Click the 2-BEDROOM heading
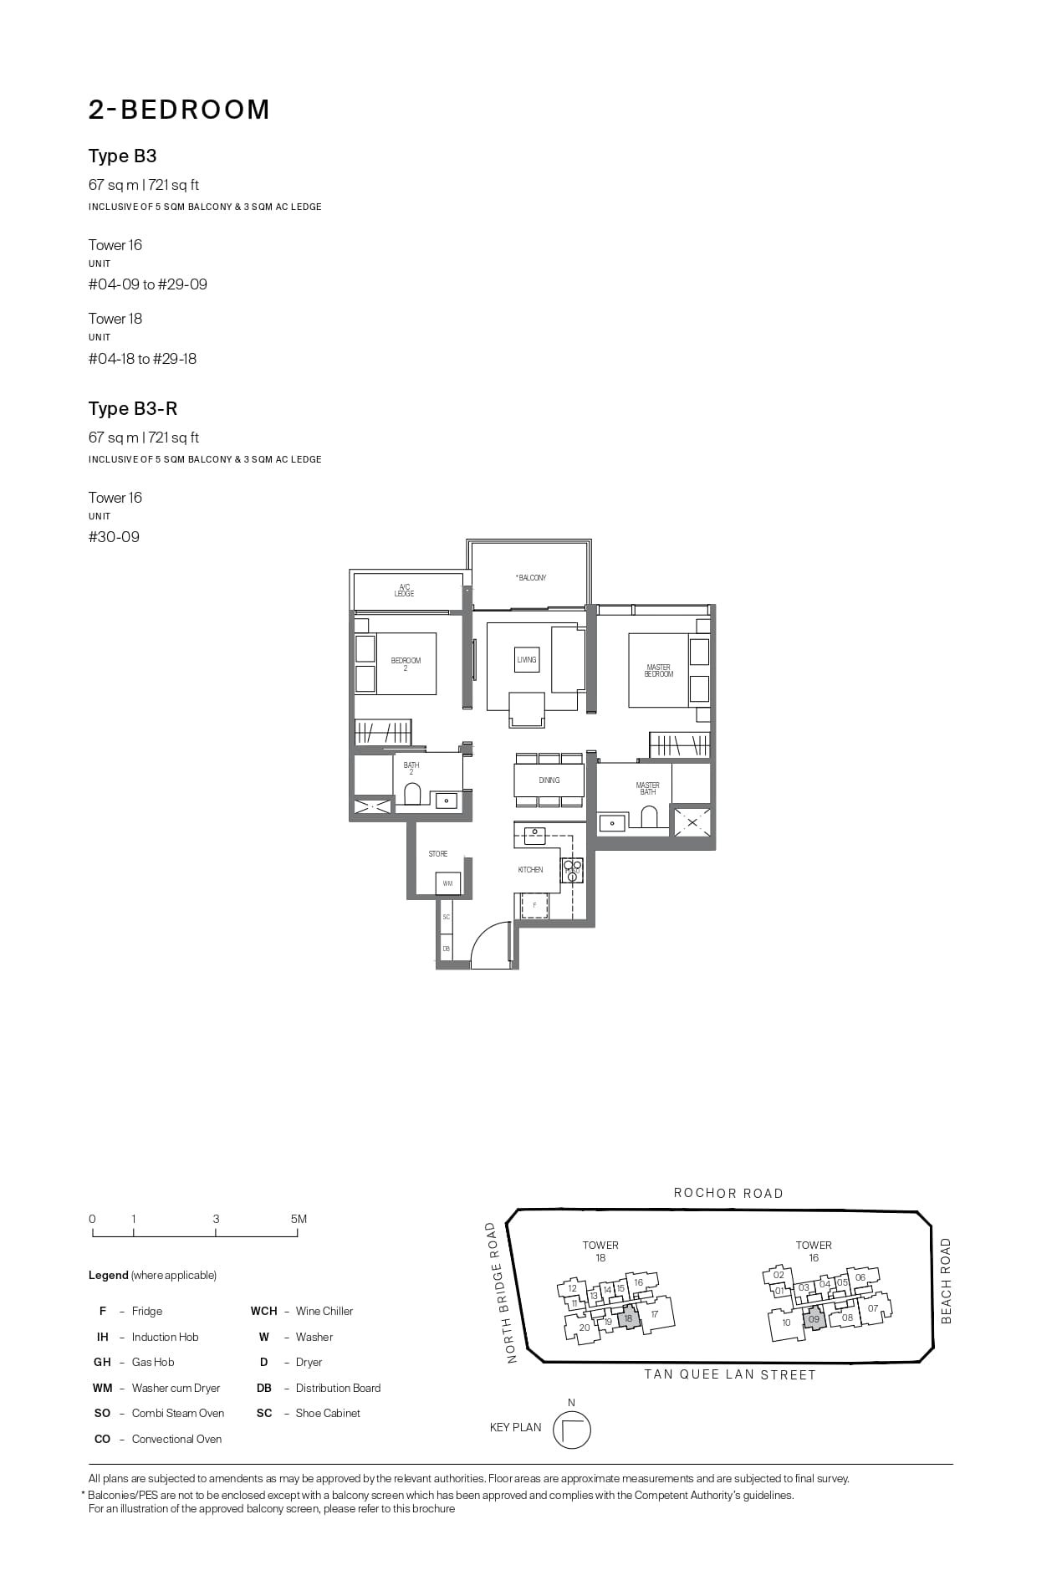point(179,110)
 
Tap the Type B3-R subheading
point(133,409)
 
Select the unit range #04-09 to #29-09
point(148,284)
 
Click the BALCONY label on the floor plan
point(531,578)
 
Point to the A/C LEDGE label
point(405,591)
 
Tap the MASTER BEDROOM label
point(658,671)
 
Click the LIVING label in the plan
point(527,660)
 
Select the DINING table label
point(549,780)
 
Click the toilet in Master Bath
point(649,816)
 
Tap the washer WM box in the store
point(447,883)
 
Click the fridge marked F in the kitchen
point(534,905)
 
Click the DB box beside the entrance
point(447,949)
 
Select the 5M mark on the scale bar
point(299,1220)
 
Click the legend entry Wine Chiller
point(324,1311)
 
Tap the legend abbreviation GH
point(102,1362)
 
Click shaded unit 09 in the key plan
point(814,1320)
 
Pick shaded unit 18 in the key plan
point(629,1318)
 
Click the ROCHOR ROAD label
point(728,1194)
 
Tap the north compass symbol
point(572,1430)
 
